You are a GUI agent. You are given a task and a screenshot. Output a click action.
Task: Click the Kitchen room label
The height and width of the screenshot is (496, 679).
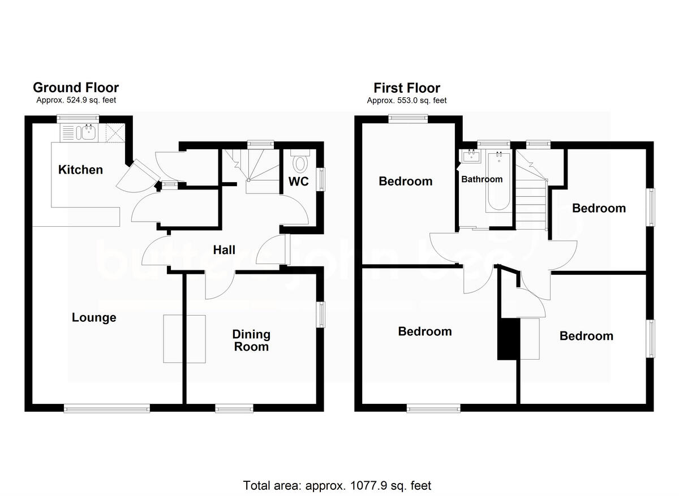[x=81, y=170]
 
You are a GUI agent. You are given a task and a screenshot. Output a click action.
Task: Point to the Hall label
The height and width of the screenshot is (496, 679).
[x=224, y=250]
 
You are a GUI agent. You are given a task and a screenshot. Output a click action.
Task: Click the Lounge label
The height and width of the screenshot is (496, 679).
[x=94, y=318]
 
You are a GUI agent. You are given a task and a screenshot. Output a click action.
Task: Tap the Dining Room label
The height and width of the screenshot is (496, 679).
[x=252, y=340]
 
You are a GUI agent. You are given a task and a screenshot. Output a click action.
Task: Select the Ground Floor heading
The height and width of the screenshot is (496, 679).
[x=76, y=88]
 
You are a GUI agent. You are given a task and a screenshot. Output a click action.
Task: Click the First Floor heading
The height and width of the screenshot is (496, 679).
[x=406, y=88]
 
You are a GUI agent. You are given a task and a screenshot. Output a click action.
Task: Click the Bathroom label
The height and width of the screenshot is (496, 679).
[x=482, y=179]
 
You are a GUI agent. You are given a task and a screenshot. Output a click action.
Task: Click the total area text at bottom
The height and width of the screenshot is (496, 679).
[x=337, y=485]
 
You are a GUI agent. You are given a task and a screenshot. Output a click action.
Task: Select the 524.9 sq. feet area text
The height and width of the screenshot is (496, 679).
[x=76, y=101]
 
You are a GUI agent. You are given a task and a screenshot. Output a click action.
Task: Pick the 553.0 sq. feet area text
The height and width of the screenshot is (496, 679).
[x=406, y=101]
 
